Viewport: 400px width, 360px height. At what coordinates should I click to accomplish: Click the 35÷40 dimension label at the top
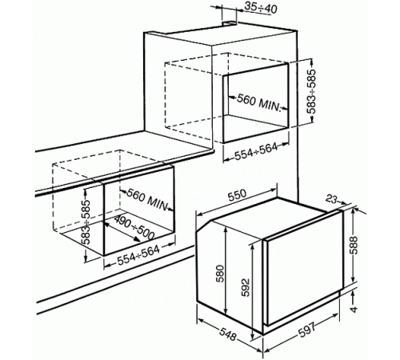pos(261,8)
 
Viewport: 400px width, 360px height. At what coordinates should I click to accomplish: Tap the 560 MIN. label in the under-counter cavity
pos(147,198)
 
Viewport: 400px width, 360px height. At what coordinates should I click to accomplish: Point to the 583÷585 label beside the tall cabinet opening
pos(312,91)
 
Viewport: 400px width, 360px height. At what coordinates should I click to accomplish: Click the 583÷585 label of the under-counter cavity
pos(86,222)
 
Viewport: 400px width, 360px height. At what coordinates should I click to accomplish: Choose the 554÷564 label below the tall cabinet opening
pos(256,151)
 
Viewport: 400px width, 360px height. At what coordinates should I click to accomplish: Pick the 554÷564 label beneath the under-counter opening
pos(138,255)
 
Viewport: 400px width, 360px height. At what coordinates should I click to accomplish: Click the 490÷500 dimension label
pos(134,227)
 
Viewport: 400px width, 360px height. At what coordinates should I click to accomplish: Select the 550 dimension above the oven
pos(237,195)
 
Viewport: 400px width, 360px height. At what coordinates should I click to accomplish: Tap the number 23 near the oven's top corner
pos(331,199)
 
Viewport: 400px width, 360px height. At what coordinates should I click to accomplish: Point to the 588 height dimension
pos(354,246)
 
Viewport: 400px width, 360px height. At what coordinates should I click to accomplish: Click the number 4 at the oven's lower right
pos(354,310)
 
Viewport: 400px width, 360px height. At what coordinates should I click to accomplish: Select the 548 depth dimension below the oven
pos(228,332)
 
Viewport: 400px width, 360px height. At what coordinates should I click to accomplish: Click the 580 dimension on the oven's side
pos(220,274)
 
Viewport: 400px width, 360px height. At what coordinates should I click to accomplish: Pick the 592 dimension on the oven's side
pos(245,287)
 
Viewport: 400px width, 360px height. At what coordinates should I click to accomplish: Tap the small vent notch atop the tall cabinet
pos(230,24)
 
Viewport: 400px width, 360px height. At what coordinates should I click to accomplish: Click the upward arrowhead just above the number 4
pos(354,294)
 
